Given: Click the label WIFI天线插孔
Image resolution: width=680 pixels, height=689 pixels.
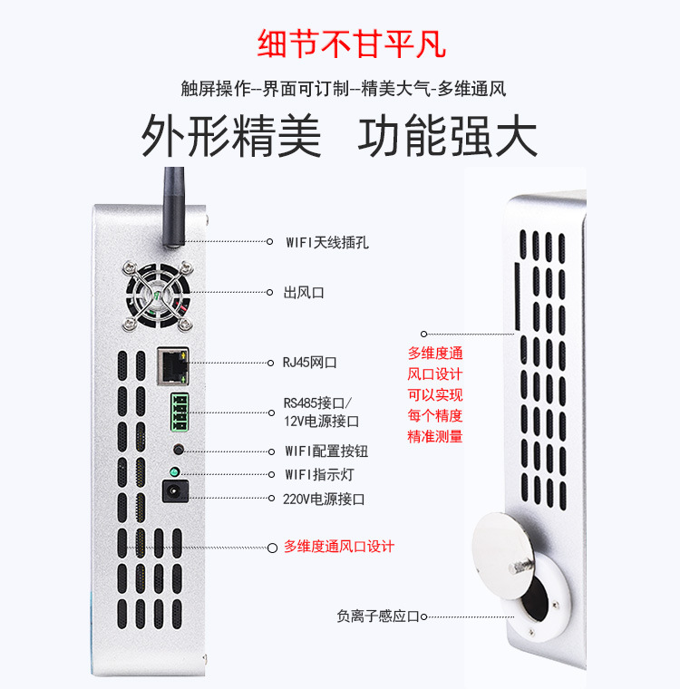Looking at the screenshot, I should pos(327,242).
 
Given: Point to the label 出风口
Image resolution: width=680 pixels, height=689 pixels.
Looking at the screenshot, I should pos(304,292).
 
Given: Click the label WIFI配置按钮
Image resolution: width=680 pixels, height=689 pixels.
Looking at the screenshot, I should pos(326,451).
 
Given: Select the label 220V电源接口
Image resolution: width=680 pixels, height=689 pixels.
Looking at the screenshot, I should pos(323,499).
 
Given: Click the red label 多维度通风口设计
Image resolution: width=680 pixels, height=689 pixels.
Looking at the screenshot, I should pos(339,547).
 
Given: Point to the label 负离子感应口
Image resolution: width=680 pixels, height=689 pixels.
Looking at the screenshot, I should pos(379,616).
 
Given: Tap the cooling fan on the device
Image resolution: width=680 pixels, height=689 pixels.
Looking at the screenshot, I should pos(158,295).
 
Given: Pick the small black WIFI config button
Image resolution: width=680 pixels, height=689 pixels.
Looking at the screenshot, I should pos(179,450).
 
